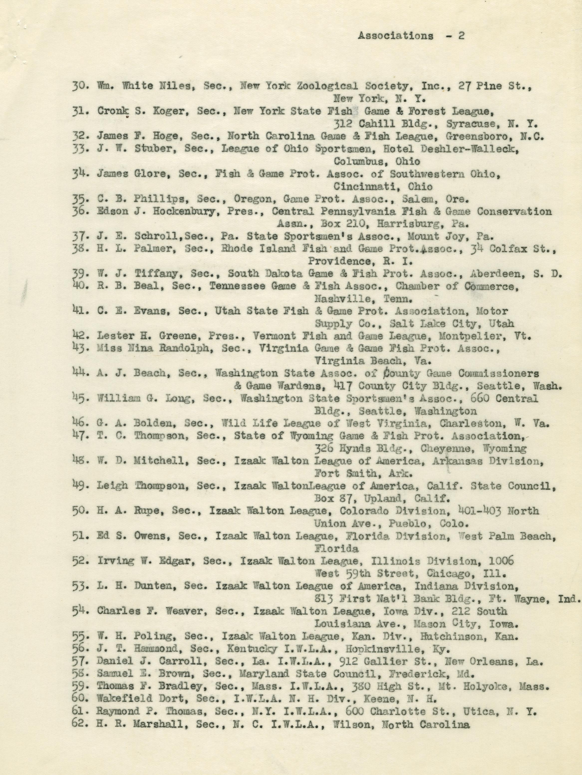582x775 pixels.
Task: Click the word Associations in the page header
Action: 395,36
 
